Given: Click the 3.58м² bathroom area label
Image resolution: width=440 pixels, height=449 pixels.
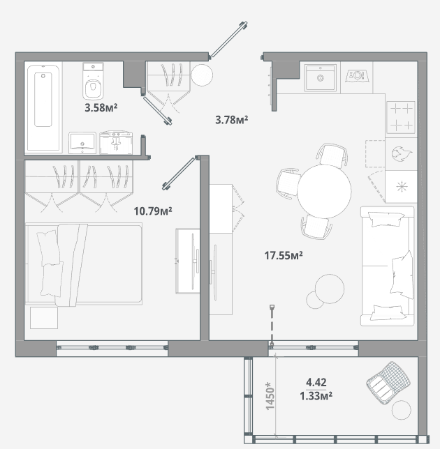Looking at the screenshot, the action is coord(101,108).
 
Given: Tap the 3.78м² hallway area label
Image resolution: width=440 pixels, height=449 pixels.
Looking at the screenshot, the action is coord(231,120).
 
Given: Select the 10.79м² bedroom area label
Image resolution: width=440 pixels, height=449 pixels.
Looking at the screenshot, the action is coord(153,211).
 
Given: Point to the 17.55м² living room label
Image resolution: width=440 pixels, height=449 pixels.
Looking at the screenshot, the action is coord(284,255).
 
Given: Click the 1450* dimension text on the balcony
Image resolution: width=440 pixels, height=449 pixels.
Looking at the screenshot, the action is coord(270,395).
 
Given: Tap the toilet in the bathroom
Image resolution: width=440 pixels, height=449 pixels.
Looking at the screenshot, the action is coord(93,81).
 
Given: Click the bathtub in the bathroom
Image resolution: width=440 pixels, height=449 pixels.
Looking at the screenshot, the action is coord(44,107).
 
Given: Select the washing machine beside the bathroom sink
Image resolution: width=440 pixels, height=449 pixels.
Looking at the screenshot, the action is coord(116,143).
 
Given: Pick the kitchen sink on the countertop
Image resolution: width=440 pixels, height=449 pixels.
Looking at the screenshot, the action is coord(321,77).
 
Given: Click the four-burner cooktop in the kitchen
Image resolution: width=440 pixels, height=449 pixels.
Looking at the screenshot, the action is coord(401,117).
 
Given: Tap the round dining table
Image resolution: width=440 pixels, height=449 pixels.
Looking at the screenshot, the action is coord(324,191).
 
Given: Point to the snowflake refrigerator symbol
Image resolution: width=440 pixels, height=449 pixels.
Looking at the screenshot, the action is coord(402,187).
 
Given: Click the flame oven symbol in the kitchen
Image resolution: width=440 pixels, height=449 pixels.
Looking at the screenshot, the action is coord(402,154).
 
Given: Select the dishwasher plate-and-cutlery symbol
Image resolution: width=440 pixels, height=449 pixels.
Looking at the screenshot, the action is coord(357,76).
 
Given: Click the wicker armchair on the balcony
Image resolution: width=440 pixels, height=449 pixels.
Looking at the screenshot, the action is coord(388,383).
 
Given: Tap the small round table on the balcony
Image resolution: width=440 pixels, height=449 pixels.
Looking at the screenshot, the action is coord(402,410).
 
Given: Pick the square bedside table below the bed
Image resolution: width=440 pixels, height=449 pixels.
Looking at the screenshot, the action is coord(44,318).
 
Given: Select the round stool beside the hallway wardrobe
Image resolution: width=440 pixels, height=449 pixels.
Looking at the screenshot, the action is coord(202,75).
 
